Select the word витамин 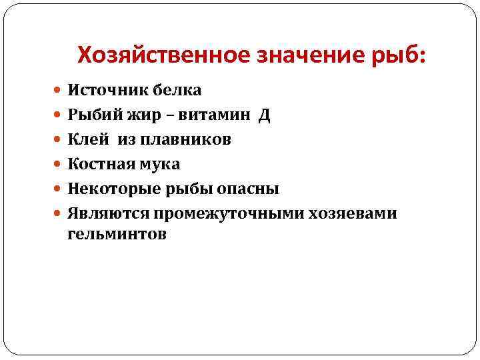point(212,115)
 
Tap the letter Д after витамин point(265,115)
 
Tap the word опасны point(250,189)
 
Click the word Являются point(107,213)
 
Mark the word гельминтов point(117,235)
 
